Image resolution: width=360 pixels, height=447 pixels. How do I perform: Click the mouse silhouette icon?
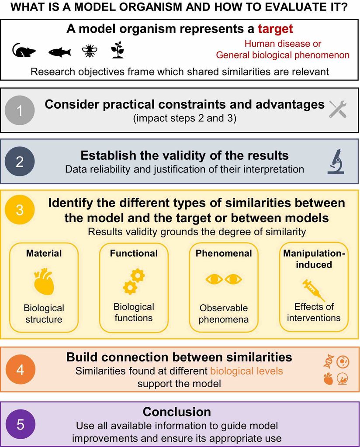click(x=24, y=51)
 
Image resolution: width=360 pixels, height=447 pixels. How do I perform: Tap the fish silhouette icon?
click(x=59, y=52)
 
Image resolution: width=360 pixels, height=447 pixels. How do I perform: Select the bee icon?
click(x=90, y=51)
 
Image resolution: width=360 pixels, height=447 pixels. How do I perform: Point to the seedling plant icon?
click(x=118, y=50)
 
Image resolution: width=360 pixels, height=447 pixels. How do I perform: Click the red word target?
click(x=275, y=29)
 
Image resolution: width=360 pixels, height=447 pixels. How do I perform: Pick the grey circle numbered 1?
click(x=20, y=110)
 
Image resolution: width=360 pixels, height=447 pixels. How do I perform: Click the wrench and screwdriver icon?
click(x=338, y=109)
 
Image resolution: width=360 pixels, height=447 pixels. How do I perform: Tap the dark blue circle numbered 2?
click(x=20, y=162)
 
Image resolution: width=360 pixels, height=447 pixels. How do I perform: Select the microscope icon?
click(x=336, y=162)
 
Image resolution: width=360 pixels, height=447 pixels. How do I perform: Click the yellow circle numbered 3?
click(x=20, y=210)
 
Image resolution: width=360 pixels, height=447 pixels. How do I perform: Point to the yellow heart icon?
click(x=44, y=282)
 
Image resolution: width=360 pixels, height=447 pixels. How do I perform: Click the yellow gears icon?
click(x=134, y=282)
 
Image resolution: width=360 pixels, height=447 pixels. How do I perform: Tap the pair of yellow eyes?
click(x=224, y=279)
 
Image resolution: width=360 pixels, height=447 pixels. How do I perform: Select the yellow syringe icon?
click(x=314, y=290)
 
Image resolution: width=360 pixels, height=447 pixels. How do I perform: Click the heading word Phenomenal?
click(x=224, y=253)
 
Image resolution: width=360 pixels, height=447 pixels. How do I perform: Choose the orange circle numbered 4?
click(x=20, y=369)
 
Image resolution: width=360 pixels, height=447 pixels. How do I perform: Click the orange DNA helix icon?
click(x=329, y=361)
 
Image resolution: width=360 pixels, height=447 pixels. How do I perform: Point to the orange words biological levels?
click(x=246, y=371)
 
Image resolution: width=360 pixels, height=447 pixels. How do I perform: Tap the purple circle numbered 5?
click(x=20, y=424)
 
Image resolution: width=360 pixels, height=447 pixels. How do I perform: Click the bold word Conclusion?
click(x=177, y=412)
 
